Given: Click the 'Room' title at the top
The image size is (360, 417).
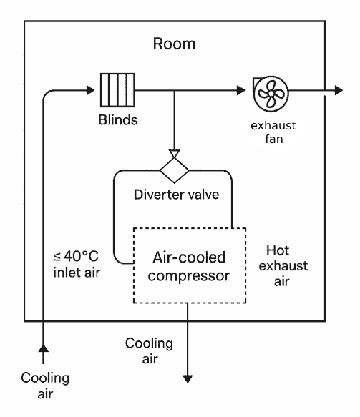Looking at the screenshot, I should (175, 44).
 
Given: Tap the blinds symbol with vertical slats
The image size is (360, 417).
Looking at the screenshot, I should (118, 92).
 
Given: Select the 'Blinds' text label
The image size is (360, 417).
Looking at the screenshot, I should (117, 119).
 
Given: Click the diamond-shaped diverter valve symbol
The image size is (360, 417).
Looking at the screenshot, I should (174, 171).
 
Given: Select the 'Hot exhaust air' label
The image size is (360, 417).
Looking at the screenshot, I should (286, 265).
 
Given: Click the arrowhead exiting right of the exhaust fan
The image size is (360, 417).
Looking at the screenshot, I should (339, 92).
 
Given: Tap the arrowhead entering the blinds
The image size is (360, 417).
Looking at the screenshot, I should (90, 92).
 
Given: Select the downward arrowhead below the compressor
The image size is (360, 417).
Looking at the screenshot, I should (188, 377).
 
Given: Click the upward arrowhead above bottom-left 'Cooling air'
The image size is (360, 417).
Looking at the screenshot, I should (44, 347).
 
